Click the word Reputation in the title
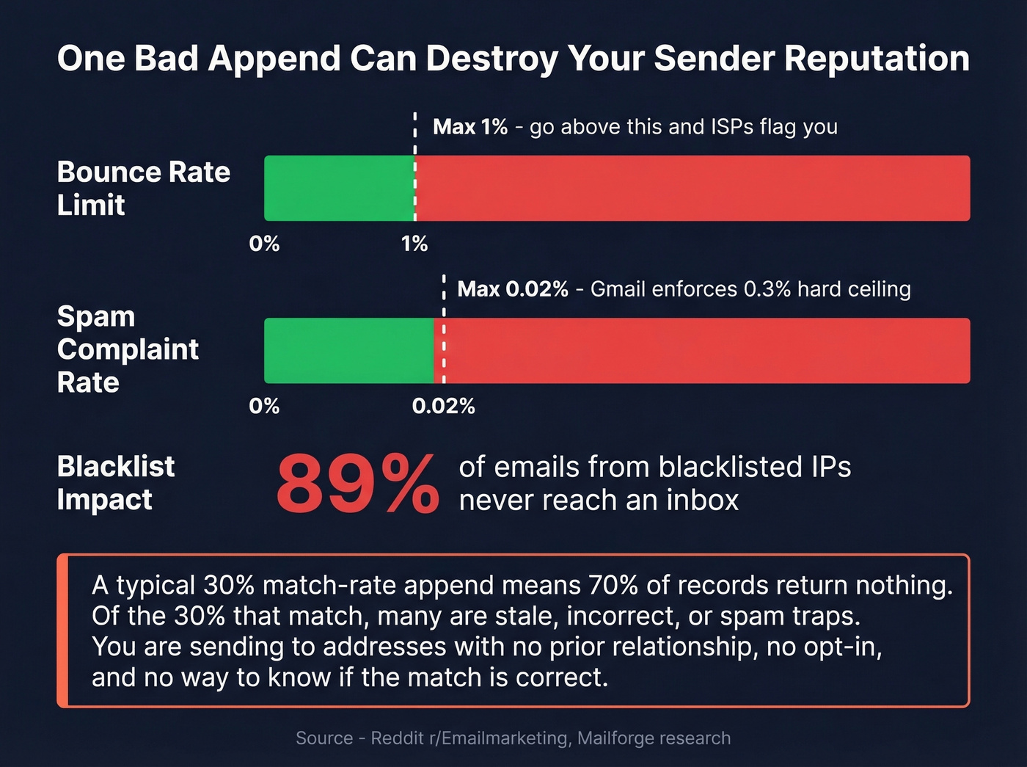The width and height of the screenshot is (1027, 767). pos(877,59)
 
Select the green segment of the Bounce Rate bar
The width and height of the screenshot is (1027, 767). pos(339,188)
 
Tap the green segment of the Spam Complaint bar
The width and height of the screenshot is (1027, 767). pos(348,351)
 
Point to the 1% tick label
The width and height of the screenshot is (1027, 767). pos(414,244)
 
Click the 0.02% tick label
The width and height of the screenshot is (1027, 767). pos(443,407)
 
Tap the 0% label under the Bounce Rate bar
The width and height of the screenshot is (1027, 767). pos(264,244)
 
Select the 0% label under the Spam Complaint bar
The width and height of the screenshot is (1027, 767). pos(264,407)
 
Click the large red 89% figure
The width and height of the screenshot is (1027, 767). pos(357,484)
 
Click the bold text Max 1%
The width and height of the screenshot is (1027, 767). pos(470,127)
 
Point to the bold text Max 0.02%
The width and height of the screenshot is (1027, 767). pos(513,289)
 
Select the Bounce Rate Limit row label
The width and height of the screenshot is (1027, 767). pos(144,188)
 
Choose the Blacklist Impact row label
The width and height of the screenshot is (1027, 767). pos(116,483)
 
